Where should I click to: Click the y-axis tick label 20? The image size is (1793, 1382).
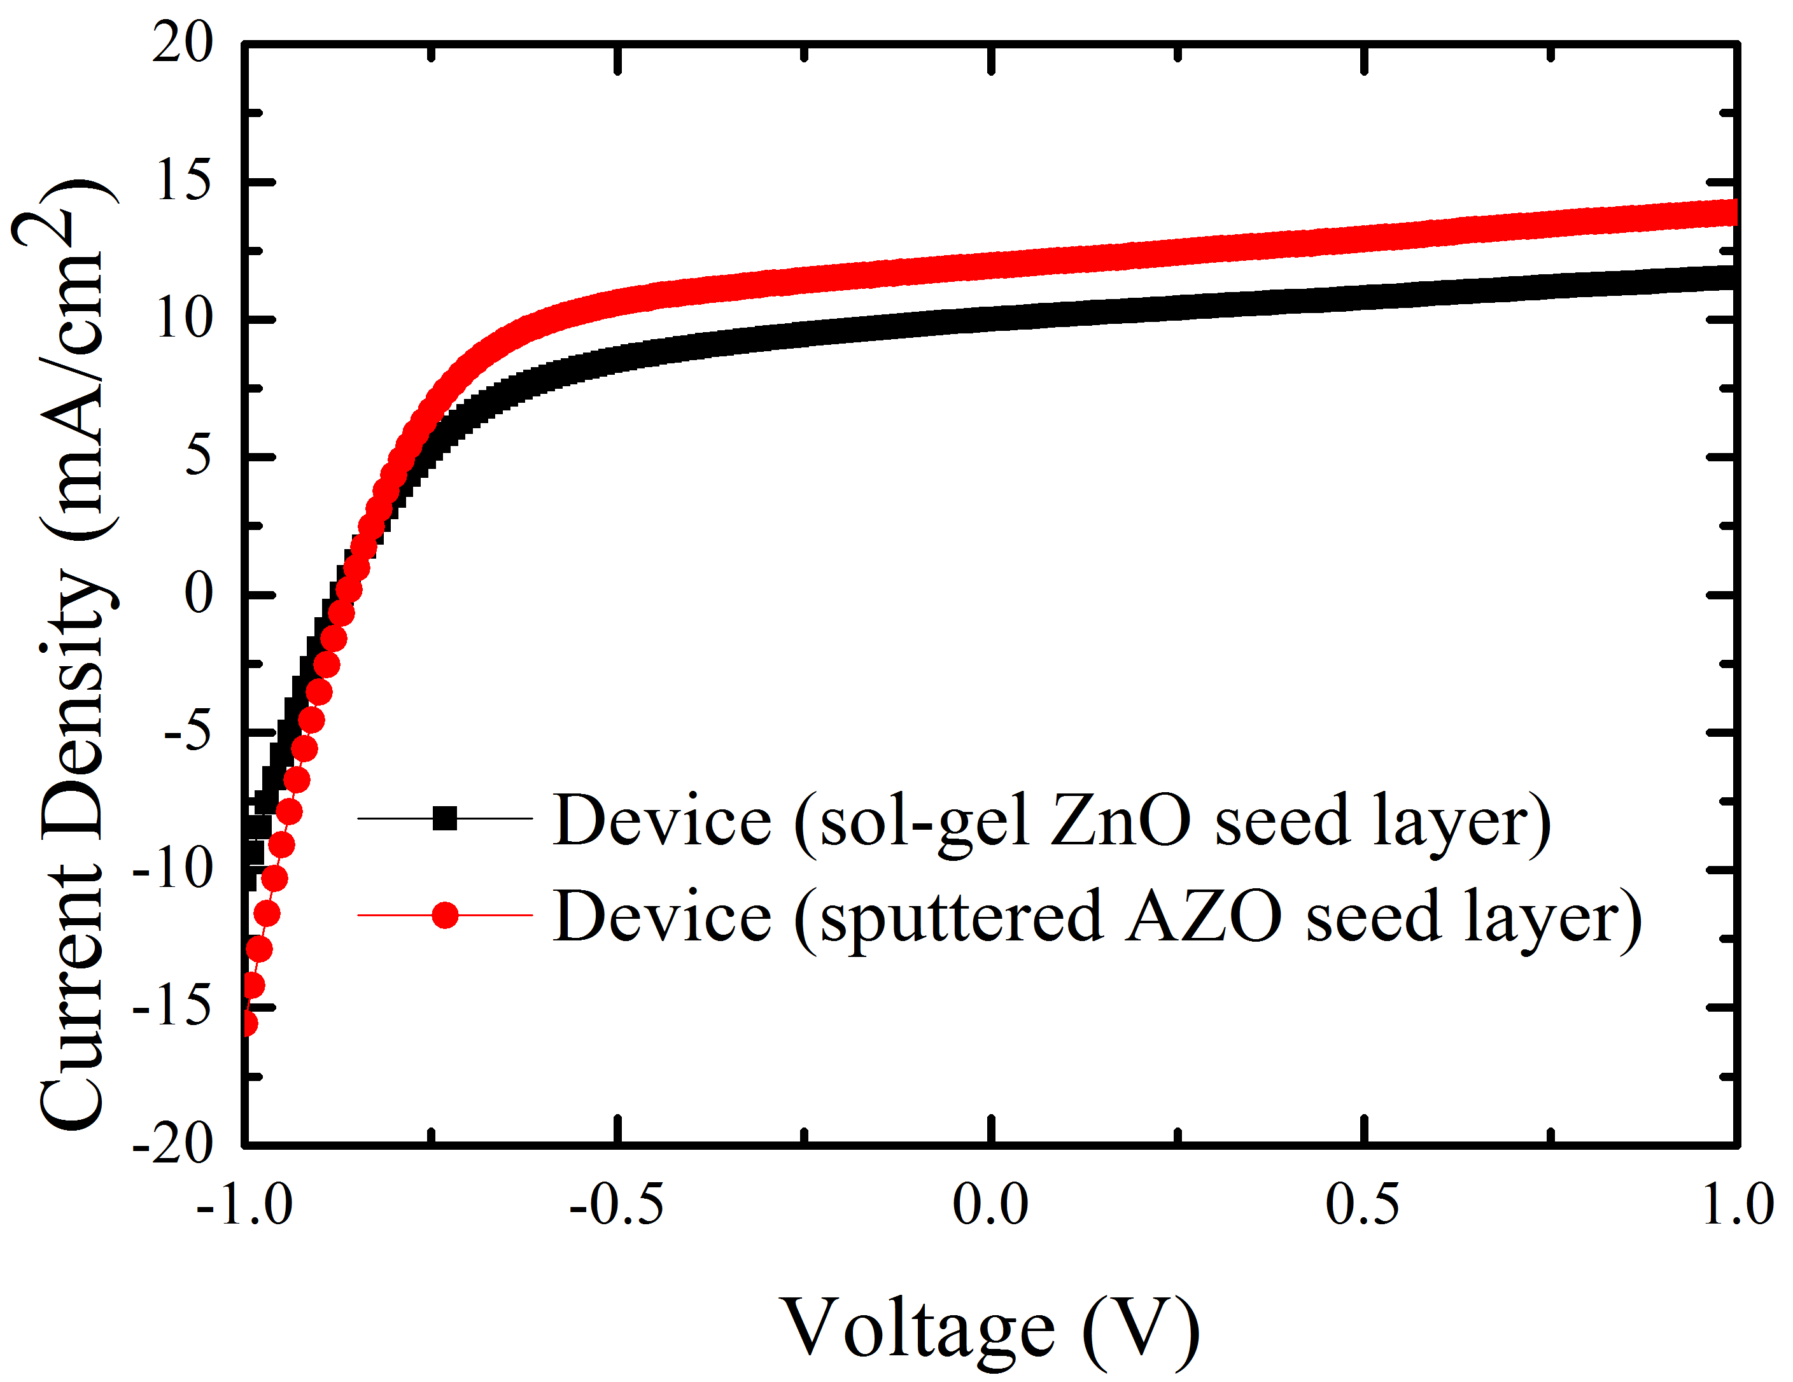(x=182, y=43)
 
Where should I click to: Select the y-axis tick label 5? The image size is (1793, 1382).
(x=198, y=456)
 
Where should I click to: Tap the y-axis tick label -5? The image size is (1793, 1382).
(x=188, y=731)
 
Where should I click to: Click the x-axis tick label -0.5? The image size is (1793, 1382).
(x=615, y=1204)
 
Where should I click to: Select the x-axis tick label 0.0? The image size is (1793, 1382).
(x=990, y=1204)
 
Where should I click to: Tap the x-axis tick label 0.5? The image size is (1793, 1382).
(x=1363, y=1204)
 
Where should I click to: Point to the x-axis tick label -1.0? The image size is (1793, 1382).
(x=244, y=1204)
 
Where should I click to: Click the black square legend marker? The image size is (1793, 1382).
(x=445, y=818)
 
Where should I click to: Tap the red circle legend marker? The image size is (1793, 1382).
(x=445, y=915)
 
